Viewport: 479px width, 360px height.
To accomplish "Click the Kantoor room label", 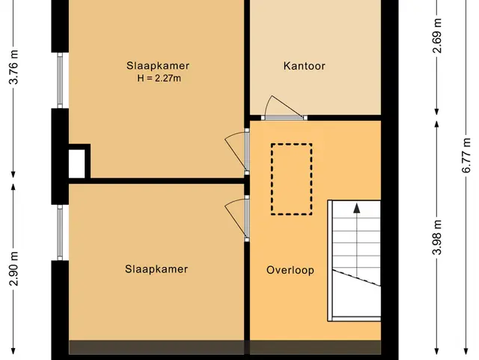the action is coord(304,66).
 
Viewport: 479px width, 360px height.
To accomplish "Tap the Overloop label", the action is coord(290,270).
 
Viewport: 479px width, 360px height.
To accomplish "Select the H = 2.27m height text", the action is coord(159,78).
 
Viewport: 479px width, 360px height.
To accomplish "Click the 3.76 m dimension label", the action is coord(13,67).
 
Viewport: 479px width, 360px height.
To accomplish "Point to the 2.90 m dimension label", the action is coord(13,268).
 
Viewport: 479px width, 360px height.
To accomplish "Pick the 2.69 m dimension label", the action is coord(437,36).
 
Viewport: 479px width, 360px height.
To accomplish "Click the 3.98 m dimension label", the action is coord(437,237).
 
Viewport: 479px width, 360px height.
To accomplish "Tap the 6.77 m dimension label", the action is coord(466,155).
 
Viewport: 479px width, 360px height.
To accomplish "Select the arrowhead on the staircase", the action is coord(356,208).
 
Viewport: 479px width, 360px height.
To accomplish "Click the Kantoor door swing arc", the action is coord(266,104).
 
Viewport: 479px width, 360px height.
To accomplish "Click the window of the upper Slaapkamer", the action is coord(60,80).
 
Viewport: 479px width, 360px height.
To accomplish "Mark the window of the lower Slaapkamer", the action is coord(60,232).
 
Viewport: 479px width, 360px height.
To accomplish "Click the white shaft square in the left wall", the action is coord(76,163).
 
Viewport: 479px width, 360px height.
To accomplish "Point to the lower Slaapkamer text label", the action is coord(156,269).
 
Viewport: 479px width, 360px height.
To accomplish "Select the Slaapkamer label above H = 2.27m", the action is coord(158,66).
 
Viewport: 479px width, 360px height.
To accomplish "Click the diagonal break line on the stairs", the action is coord(356,278).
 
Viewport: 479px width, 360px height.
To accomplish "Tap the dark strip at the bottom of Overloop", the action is coord(315,347).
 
